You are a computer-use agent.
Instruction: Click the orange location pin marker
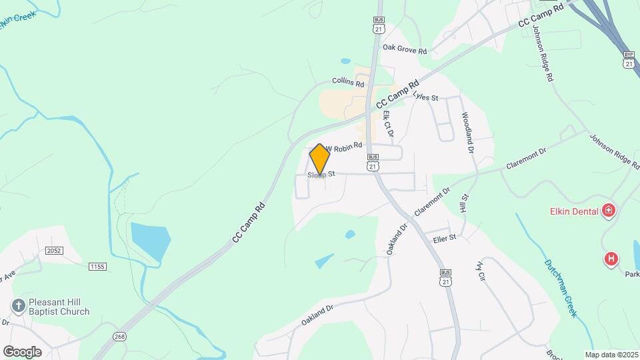click(x=320, y=160)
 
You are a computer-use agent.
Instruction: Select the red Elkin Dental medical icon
click(x=607, y=212)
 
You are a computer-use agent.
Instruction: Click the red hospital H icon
click(x=611, y=259)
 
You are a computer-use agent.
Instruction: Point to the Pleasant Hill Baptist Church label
click(x=59, y=307)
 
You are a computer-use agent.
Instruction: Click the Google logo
click(x=22, y=352)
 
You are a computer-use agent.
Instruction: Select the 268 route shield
click(x=119, y=336)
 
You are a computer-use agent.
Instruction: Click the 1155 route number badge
click(x=97, y=267)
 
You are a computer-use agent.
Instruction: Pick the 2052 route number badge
click(x=54, y=250)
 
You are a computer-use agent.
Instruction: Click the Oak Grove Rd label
click(x=405, y=49)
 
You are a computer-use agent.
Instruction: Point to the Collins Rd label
click(x=348, y=84)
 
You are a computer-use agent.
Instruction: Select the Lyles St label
click(x=425, y=97)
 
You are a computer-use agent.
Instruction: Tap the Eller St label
click(x=443, y=237)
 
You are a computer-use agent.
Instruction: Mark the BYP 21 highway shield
click(x=628, y=59)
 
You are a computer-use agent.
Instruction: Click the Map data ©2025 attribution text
click(x=611, y=355)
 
